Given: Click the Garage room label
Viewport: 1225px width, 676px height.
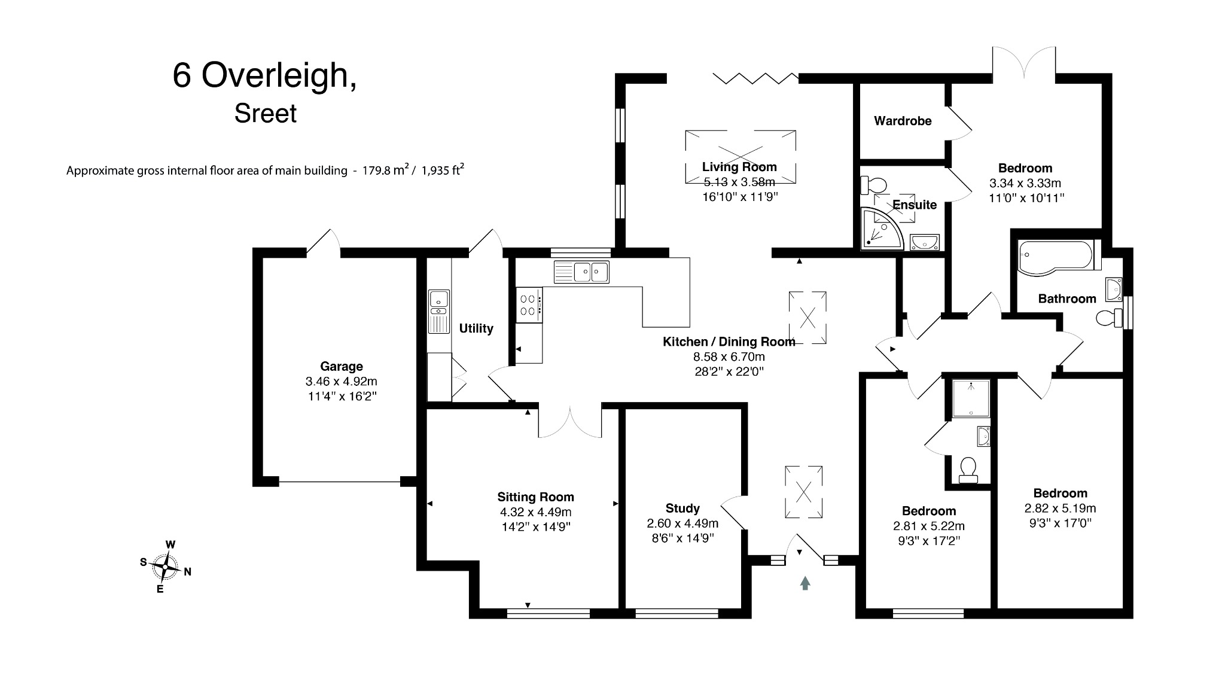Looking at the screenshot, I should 341,366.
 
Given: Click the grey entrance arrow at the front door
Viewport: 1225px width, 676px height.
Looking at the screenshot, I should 805,583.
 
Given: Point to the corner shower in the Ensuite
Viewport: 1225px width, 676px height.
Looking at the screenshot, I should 880,229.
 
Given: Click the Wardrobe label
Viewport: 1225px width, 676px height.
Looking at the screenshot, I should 902,121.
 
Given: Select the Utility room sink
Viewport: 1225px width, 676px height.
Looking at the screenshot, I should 439,302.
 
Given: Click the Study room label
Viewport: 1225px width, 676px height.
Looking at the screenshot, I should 682,508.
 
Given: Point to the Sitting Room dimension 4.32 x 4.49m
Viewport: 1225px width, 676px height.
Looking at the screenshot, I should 535,512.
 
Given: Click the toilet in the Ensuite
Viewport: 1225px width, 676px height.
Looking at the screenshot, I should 873,184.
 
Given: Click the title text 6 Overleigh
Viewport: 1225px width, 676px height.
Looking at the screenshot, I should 264,75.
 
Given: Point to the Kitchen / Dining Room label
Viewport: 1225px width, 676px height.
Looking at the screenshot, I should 729,342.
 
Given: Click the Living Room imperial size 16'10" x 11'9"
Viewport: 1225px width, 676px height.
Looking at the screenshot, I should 740,197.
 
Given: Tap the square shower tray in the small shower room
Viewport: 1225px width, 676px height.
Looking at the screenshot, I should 970,398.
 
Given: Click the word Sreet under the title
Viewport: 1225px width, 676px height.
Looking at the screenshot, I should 265,114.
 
